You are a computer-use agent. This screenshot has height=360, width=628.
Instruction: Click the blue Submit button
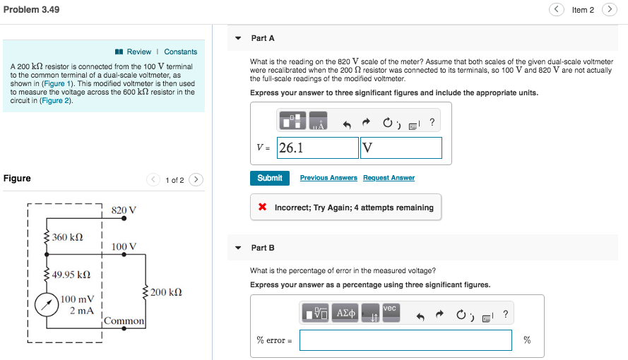(269, 178)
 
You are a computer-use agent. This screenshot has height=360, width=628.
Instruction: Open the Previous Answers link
(328, 178)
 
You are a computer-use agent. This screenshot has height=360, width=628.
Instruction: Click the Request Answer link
(389, 178)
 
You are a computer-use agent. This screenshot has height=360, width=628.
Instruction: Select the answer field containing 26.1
(318, 148)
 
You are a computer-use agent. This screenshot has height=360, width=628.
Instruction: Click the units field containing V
(401, 148)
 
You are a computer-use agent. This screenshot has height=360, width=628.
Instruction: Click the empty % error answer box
(405, 340)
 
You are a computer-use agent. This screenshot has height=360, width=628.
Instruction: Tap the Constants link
(181, 52)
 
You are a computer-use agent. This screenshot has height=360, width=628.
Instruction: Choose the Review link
(138, 52)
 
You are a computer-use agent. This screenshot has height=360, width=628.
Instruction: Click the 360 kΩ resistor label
(68, 236)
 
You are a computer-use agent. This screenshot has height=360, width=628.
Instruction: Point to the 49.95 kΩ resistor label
(71, 274)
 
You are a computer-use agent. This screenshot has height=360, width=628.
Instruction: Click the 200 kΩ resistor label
(167, 292)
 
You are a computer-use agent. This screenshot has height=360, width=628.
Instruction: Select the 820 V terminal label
(124, 210)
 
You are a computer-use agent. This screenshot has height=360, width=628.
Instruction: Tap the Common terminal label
(124, 320)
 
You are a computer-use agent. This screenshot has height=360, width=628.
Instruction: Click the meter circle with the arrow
(47, 304)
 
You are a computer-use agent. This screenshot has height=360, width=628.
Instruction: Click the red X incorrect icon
(262, 208)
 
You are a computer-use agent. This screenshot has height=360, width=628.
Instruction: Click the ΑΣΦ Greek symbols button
(345, 313)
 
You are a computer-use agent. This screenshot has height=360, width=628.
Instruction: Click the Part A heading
(263, 38)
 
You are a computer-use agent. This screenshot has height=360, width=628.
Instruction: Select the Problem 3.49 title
(31, 9)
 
